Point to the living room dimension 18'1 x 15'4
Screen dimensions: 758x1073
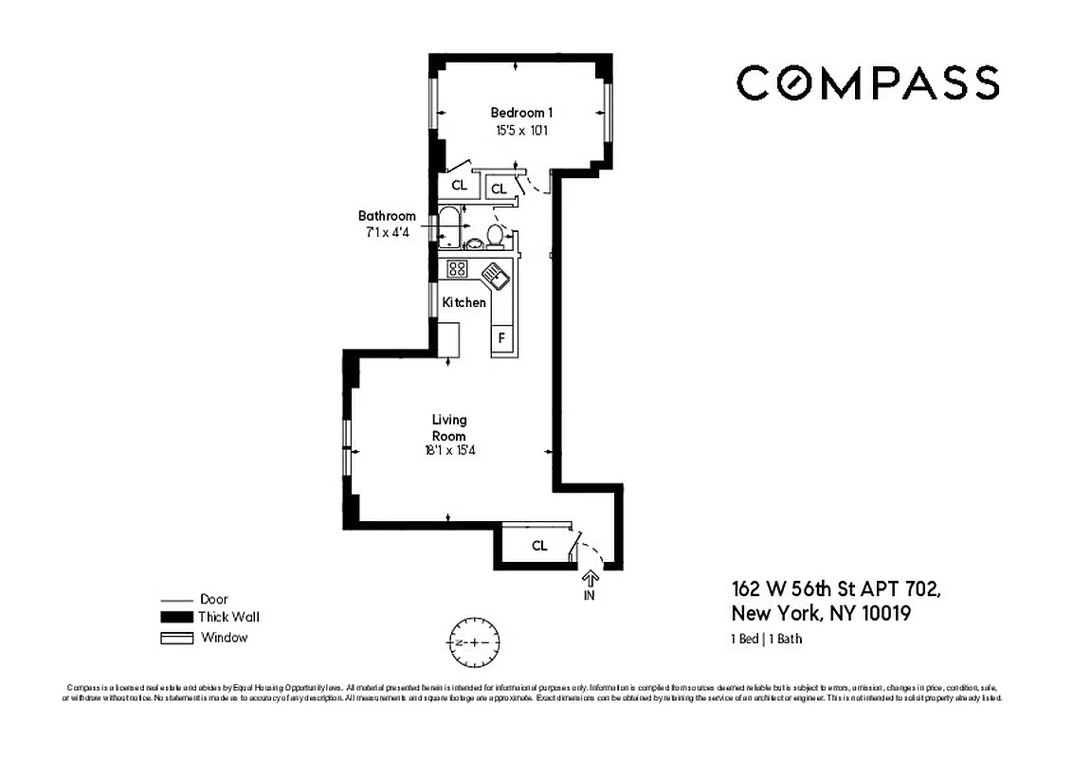coord(449,451)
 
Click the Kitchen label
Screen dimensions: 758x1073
coord(464,302)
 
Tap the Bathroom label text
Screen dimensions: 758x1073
coord(386,216)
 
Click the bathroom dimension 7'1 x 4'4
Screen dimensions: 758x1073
coord(386,232)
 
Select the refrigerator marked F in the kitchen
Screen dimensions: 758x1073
coord(501,336)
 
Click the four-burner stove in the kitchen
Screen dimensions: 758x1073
coord(457,268)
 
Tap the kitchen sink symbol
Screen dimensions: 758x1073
coord(497,277)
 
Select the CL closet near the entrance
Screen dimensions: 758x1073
coord(538,546)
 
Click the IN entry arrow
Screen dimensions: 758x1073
coord(589,579)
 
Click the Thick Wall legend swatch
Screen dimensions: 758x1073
coord(174,617)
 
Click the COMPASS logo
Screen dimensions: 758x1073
coord(867,83)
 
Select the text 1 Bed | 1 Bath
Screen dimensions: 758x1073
coord(766,639)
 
